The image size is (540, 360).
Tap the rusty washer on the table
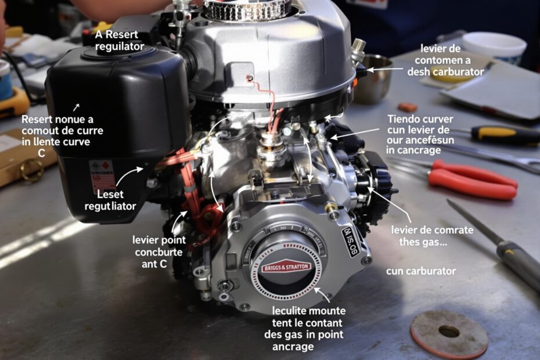[x=449, y=334]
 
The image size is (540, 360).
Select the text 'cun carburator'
[x=421, y=271]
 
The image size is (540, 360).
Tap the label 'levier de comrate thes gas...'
[x=424, y=236]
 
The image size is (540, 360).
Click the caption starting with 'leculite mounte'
[x=307, y=328]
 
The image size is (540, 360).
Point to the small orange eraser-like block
[x=407, y=107]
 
